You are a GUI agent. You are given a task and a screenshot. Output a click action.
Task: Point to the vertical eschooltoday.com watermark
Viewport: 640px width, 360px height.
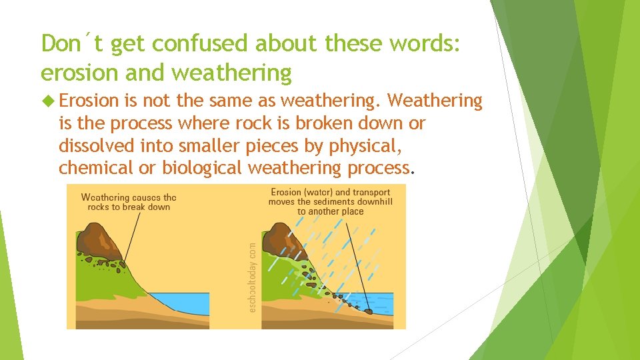(253, 277)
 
